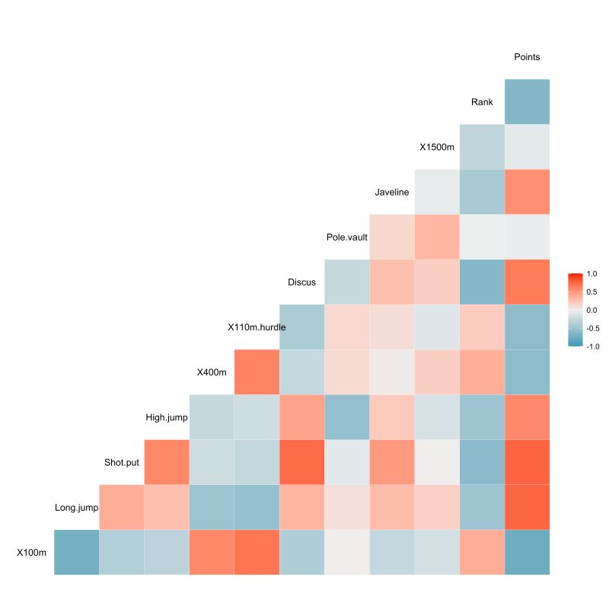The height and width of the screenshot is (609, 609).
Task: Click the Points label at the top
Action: [x=527, y=57]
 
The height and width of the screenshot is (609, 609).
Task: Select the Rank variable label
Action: [x=482, y=102]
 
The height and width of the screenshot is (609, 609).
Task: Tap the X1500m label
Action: [x=437, y=147]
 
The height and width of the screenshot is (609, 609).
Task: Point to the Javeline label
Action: [x=392, y=192]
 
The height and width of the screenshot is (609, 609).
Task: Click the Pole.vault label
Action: [x=347, y=238]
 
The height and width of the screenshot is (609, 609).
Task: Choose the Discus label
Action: [x=301, y=282]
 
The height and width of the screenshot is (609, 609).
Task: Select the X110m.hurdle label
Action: [x=257, y=327]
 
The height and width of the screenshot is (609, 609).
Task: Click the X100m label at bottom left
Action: [x=32, y=552]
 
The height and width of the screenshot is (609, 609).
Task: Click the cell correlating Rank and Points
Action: [x=527, y=102]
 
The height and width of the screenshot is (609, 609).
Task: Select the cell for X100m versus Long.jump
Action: [x=77, y=552]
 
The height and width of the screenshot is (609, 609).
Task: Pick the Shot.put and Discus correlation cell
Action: [x=301, y=462]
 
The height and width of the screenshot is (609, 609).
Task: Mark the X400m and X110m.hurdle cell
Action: [x=257, y=372]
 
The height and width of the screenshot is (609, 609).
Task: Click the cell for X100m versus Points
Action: [x=527, y=552]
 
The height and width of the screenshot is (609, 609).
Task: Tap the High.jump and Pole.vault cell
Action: [x=347, y=417]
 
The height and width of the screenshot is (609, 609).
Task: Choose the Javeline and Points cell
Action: [x=527, y=192]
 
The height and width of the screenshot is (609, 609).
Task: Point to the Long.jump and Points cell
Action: [x=527, y=507]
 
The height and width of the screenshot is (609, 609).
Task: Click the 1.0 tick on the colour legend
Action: [x=591, y=273]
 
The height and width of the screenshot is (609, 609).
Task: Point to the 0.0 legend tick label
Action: [x=591, y=310]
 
